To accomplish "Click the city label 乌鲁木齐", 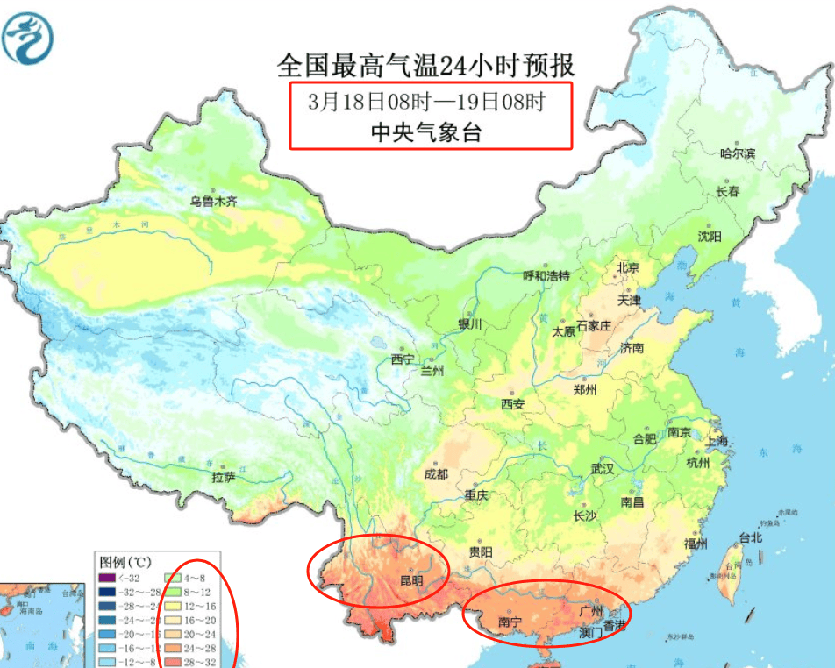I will coord(214,201).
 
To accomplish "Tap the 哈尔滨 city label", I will coord(738,153).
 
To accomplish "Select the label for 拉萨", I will coord(224,478).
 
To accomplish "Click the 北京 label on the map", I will coord(627,267).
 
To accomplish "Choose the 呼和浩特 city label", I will coord(546,275).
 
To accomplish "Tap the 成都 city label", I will coord(435,474).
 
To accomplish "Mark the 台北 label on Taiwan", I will coord(751,537).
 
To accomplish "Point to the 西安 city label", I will coord(512,404).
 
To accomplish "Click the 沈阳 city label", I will coord(709,236).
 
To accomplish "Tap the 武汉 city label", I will coord(603,469).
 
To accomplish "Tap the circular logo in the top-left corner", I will coord(28,38).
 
